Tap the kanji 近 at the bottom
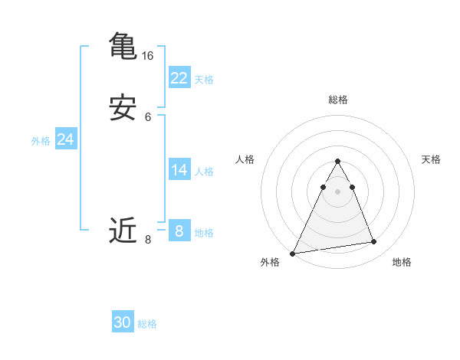point(123,230)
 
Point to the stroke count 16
point(147,56)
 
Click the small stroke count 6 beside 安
point(148,117)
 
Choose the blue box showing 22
point(179,77)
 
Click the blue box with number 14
point(179,170)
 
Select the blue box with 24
point(66,139)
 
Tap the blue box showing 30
point(123,322)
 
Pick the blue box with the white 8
point(179,231)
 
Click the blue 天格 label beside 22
point(204,80)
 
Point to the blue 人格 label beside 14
point(204,172)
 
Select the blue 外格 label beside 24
point(41,141)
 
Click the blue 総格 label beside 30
point(147,325)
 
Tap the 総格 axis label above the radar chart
point(337,100)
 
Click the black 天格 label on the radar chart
point(432,159)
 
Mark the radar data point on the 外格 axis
point(293,253)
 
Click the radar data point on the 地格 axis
point(374,242)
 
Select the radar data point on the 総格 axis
point(337,162)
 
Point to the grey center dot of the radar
point(337,191)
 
